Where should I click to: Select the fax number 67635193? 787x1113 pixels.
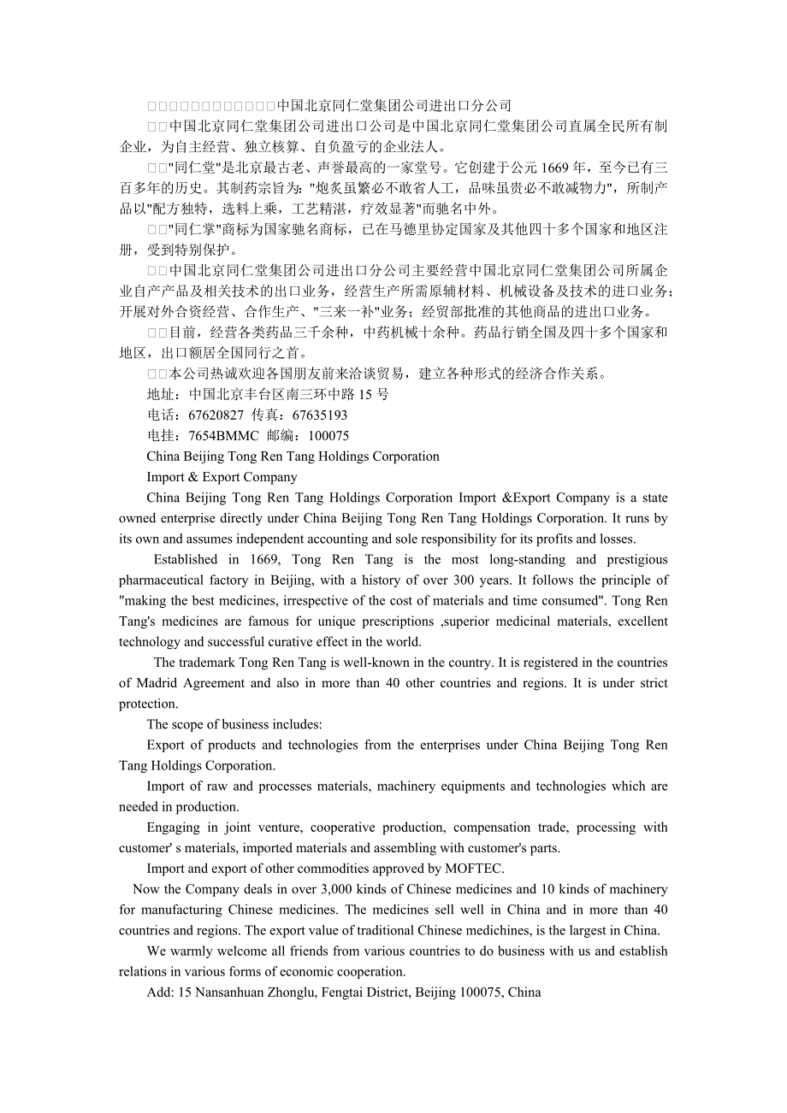pos(320,415)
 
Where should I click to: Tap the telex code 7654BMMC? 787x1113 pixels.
pos(223,436)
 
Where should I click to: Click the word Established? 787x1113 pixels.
pos(186,560)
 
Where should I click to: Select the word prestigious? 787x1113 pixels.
pos(637,560)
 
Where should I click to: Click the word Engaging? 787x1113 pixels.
pos(173,828)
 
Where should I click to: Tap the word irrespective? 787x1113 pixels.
pos(311,601)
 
